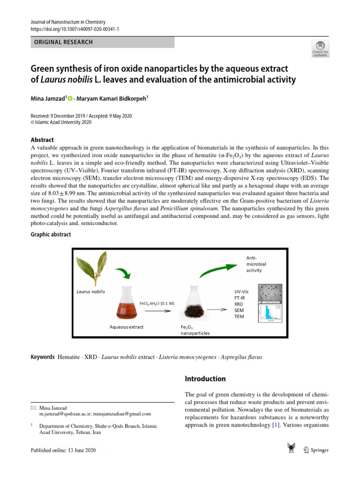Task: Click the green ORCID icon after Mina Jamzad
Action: tap(70, 99)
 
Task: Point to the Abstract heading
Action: tap(42, 140)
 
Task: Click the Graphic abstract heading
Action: tap(51, 234)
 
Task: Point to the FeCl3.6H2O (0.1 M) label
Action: tap(157, 303)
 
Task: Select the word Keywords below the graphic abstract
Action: tap(42, 357)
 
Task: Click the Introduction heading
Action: tap(205, 379)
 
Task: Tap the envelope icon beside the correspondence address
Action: tap(33, 408)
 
